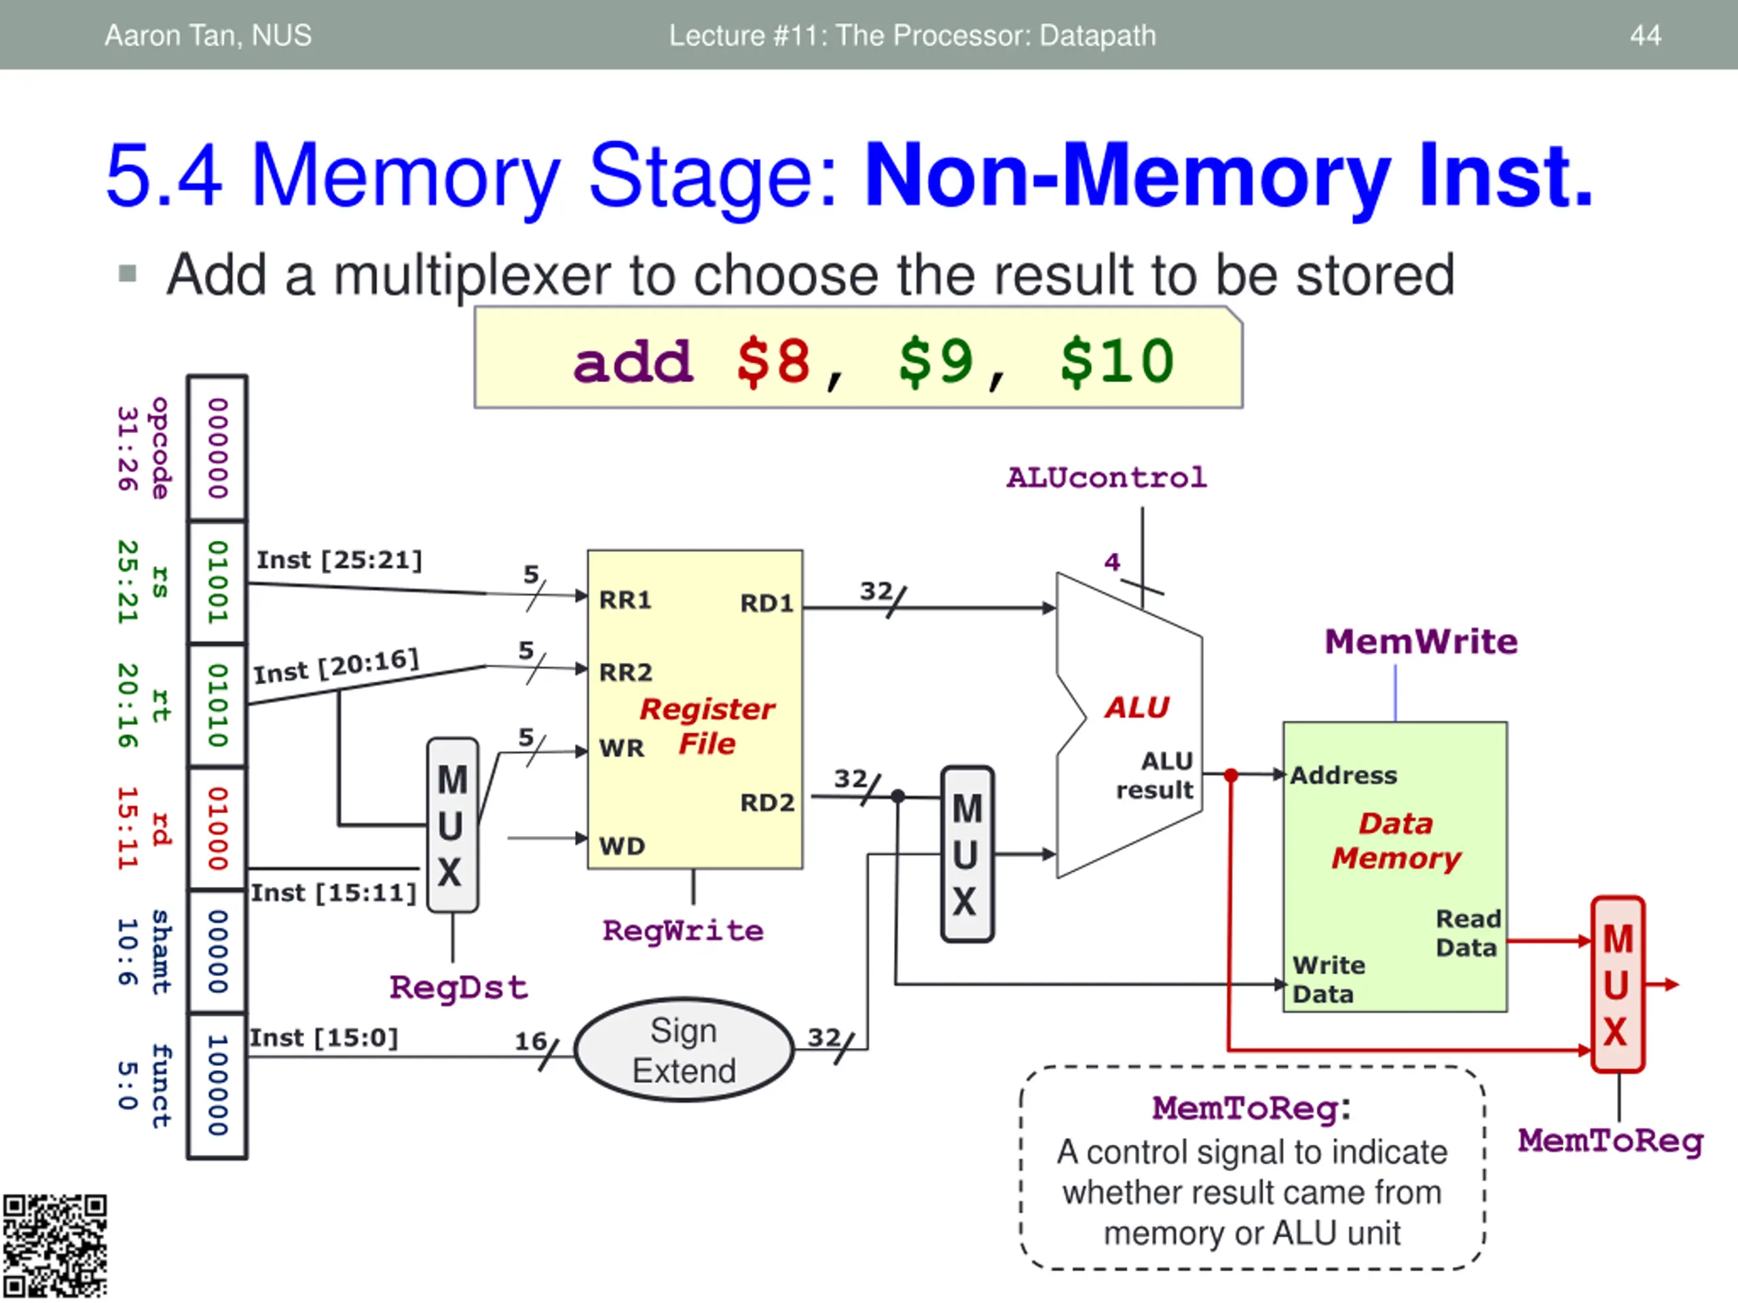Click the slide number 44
tap(1644, 35)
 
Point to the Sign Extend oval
tap(684, 1050)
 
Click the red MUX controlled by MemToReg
tap(1617, 985)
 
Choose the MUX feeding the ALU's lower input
tap(967, 854)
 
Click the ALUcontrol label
tap(1107, 478)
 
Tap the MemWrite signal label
tap(1420, 642)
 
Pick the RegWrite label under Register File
tap(683, 930)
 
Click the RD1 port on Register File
tap(766, 603)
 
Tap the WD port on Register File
tap(621, 846)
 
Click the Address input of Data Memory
tap(1344, 776)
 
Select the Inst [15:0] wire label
tap(324, 1038)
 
